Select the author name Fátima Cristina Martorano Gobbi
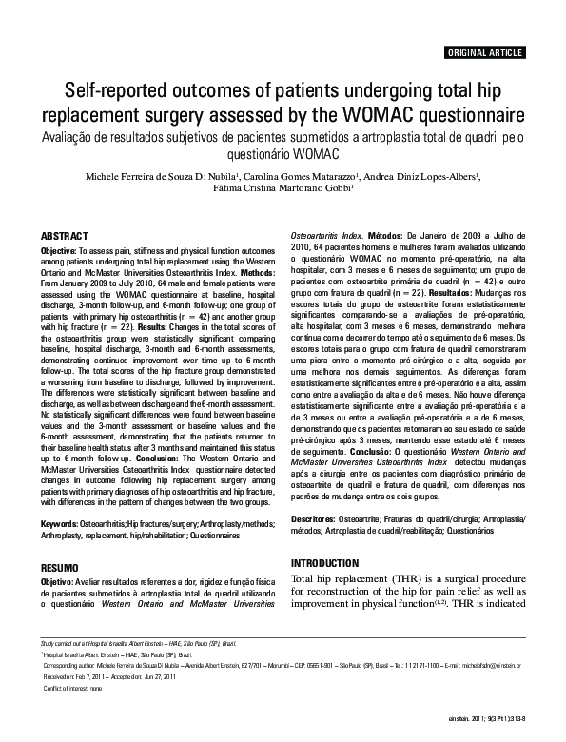pos(282,190)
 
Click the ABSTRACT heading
pos(65,235)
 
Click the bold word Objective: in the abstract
pos(59,250)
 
